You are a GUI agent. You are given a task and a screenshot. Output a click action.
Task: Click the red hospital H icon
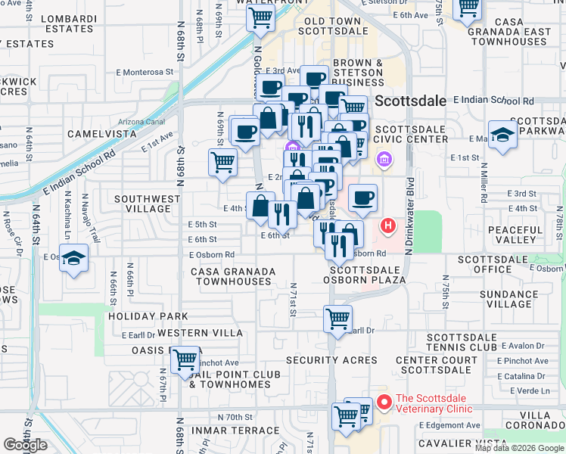tap(387, 225)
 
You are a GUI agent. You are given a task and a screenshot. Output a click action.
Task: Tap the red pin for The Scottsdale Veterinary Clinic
tap(384, 403)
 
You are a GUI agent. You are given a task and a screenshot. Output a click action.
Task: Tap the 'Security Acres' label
tap(331, 360)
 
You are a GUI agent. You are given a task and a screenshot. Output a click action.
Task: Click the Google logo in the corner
tap(25, 446)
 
